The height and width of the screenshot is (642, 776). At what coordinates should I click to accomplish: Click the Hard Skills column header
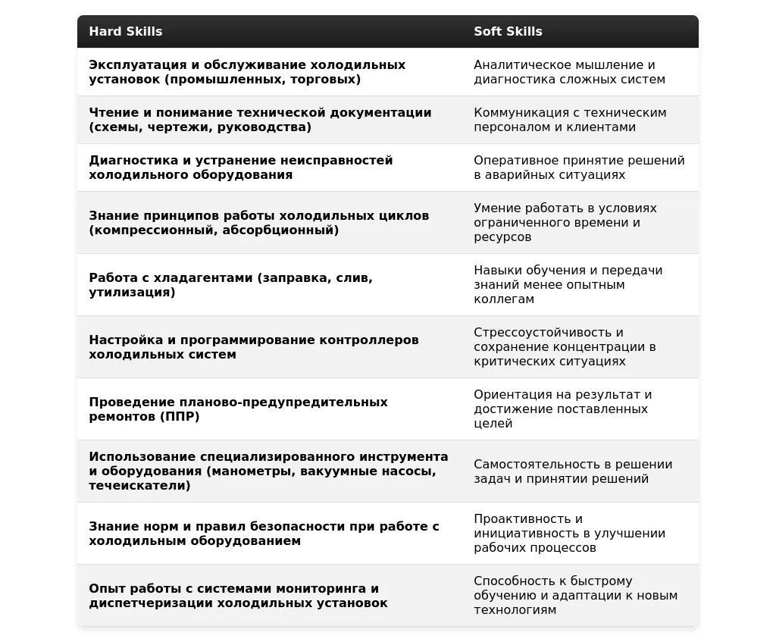pos(126,32)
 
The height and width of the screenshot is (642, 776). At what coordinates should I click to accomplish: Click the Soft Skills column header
pos(508,32)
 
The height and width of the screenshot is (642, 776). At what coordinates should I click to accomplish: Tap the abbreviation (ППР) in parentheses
pos(180,417)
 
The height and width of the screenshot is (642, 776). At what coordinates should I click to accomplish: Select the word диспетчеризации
pos(150,603)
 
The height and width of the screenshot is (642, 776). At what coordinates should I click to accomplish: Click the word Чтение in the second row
pos(111,113)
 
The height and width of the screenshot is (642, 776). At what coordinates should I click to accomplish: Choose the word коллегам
pos(504,299)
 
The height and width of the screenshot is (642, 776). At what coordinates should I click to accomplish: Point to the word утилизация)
pos(132,293)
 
